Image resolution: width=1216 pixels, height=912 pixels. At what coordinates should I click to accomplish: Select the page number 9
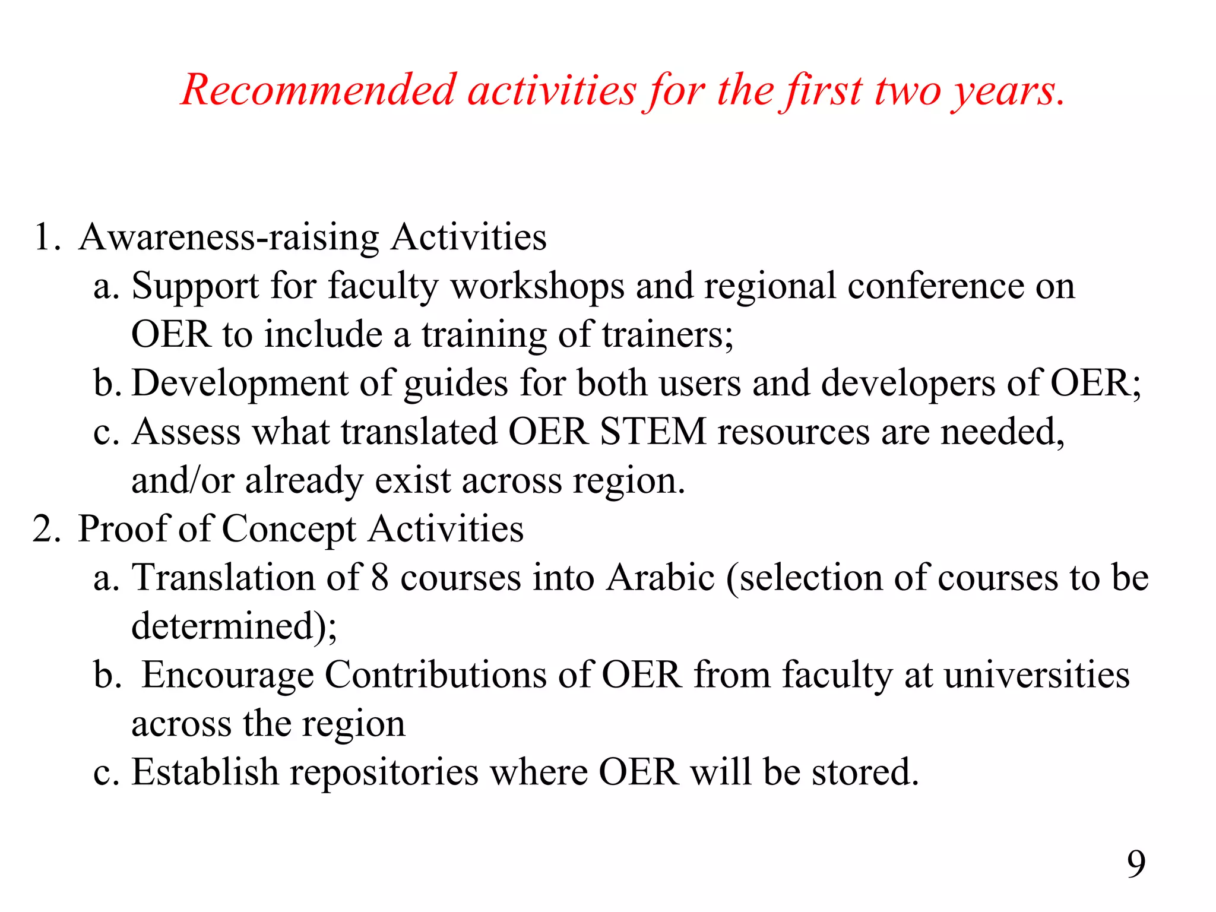point(1136,864)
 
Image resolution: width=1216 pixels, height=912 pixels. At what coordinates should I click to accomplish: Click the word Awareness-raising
point(229,237)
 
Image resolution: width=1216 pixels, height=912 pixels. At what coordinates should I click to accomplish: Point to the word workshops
point(537,287)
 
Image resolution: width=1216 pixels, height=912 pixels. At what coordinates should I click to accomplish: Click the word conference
point(935,287)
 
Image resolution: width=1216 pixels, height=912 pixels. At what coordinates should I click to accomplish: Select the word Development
point(239,384)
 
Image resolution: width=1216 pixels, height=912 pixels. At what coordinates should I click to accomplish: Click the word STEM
point(653,432)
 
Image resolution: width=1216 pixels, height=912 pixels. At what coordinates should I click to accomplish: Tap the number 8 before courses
point(380,578)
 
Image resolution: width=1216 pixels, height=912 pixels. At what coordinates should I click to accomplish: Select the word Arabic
point(660,578)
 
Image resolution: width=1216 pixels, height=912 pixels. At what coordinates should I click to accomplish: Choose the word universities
point(1037,675)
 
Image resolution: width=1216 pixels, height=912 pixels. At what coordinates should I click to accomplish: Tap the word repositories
point(384,773)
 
